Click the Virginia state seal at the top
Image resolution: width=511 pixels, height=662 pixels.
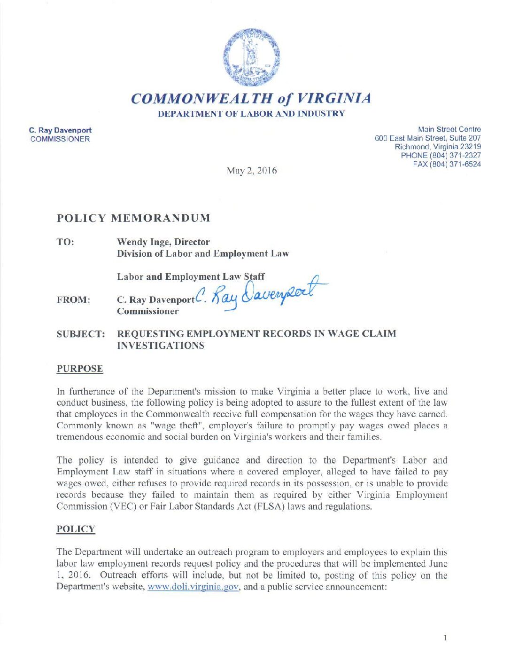pos(251,57)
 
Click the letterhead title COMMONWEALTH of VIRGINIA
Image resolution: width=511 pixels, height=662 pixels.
pos(251,98)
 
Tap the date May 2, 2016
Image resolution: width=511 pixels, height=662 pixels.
pos(252,170)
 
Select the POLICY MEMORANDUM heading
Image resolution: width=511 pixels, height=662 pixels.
pos(133,218)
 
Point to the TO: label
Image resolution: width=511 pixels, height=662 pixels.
pos(65,242)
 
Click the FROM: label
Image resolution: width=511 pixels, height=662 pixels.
pos(73,300)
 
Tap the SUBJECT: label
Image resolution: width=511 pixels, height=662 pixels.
pos(81,334)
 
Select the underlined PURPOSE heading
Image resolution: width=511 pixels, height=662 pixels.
pos(79,369)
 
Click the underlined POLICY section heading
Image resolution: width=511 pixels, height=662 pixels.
pos(76,529)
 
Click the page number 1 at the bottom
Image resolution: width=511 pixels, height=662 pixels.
pos(445,638)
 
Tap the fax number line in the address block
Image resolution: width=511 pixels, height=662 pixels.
pos(447,165)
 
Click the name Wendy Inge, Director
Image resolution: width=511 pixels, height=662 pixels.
pos(163,242)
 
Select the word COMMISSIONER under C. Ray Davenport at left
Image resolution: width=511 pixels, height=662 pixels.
pos(60,139)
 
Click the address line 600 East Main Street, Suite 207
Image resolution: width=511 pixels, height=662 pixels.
pos(427,138)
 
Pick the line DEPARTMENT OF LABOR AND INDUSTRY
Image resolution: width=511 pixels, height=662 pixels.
pos(251,114)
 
